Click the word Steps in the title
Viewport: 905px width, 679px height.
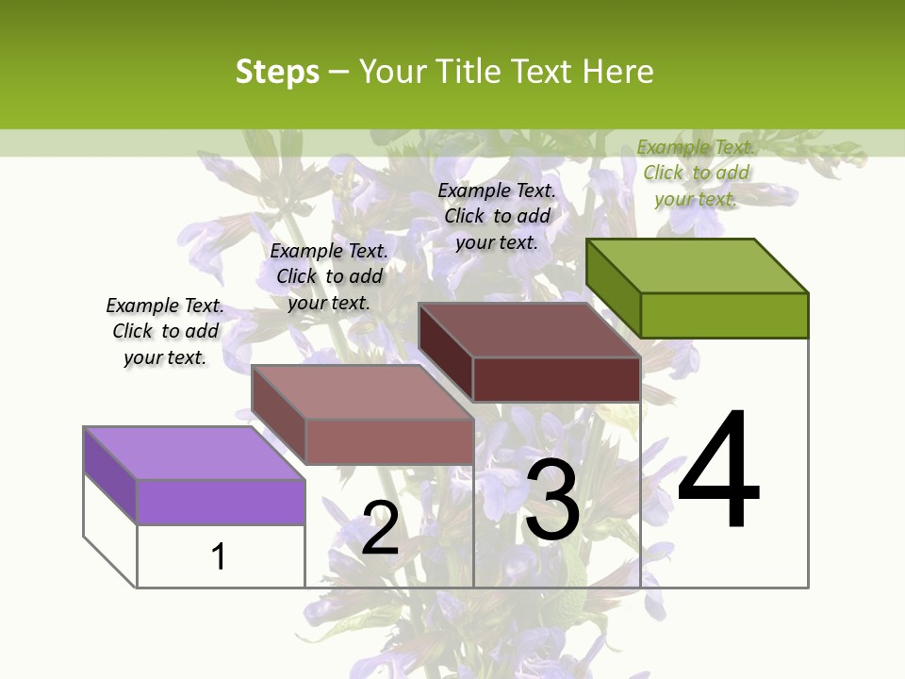tap(277, 72)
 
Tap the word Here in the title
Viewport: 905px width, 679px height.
tap(617, 72)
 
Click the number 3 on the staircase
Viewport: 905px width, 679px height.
tap(552, 500)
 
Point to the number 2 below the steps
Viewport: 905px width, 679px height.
tap(380, 528)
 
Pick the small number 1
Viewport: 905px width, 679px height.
tap(219, 556)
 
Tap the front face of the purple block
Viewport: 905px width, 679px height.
tap(221, 502)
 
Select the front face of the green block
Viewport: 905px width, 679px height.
tap(724, 315)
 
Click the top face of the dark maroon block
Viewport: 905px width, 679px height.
tap(530, 330)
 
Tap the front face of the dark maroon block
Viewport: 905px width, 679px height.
tap(556, 379)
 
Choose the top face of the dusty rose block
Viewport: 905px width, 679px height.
tap(362, 392)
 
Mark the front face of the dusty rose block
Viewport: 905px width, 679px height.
tap(388, 441)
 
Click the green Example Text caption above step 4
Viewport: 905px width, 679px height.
tap(696, 173)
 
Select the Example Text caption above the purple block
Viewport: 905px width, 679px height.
tap(165, 331)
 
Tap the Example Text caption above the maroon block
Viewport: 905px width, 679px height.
tap(497, 216)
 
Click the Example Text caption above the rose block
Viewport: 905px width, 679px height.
tap(329, 276)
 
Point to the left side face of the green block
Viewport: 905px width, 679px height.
tap(614, 287)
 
